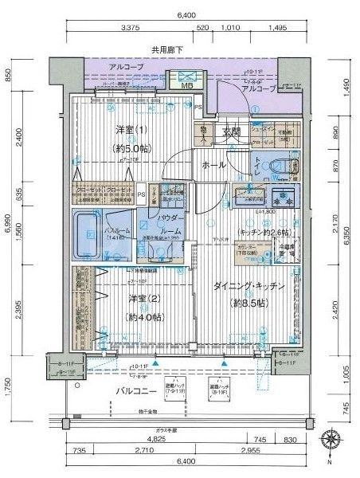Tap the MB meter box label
[188, 86]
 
